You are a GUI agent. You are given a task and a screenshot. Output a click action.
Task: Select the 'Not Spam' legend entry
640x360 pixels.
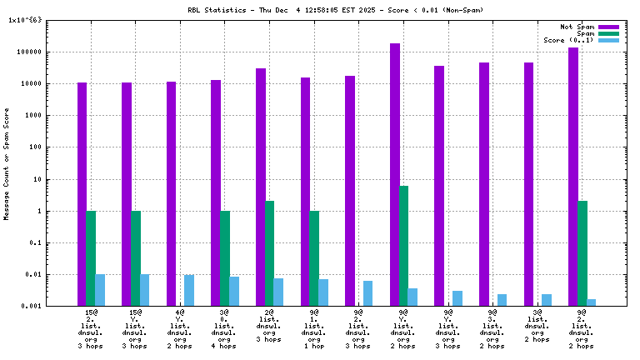point(577,27)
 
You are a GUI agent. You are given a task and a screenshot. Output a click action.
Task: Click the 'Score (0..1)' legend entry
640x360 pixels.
point(569,40)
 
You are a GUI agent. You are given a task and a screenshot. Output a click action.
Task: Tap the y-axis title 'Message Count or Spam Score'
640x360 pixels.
point(7,163)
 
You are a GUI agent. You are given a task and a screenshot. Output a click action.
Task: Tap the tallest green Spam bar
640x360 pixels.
point(403,246)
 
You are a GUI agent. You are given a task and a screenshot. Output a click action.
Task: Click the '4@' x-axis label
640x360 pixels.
point(180,313)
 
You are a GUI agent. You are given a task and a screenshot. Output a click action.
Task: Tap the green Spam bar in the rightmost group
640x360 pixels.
point(582,253)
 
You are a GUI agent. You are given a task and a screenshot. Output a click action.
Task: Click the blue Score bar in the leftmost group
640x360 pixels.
point(100,290)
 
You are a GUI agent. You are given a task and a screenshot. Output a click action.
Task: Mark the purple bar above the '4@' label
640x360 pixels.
point(171,194)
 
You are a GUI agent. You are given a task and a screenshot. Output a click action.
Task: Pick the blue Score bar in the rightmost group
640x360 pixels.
point(591,302)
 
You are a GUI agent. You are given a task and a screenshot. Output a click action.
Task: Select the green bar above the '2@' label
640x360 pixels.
point(269,253)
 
